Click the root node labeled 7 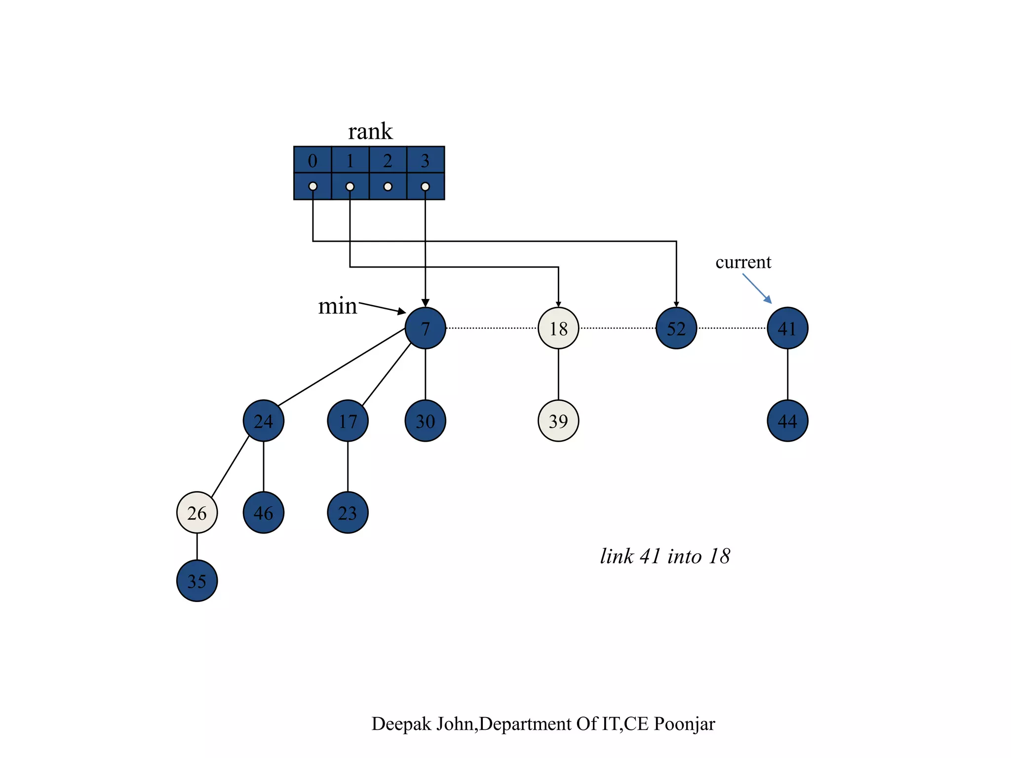(425, 328)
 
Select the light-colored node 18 (558, 328)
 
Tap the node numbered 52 (676, 328)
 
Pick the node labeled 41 (787, 328)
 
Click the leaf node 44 (787, 421)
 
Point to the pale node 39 (558, 421)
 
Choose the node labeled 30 (425, 421)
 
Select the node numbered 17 (348, 421)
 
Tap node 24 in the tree (264, 421)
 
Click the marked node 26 (197, 513)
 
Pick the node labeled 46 (264, 513)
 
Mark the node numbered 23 (348, 513)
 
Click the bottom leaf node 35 (197, 581)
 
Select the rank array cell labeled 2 (388, 160)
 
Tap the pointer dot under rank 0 (312, 187)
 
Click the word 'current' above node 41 (743, 262)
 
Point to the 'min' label (337, 306)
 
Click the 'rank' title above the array (370, 132)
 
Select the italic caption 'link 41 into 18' (664, 556)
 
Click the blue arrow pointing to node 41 (757, 289)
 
